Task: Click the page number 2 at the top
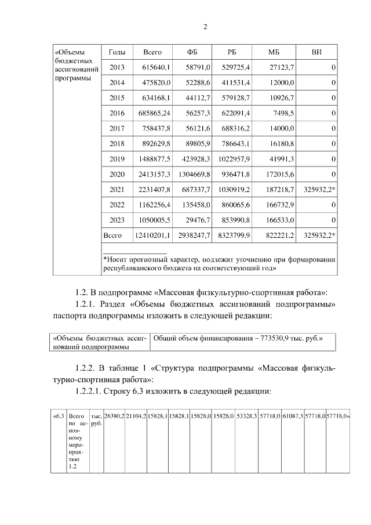(205, 27)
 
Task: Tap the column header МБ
(274, 52)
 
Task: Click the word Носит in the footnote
(116, 259)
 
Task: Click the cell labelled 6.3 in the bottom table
(58, 416)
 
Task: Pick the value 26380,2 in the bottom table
(114, 416)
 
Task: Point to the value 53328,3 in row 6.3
(246, 416)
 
